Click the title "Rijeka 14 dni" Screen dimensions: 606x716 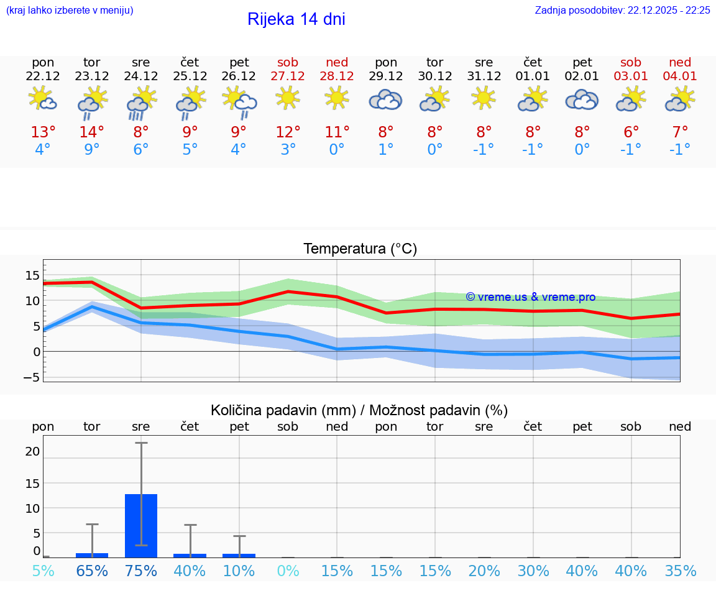(x=296, y=19)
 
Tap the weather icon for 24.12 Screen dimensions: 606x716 (x=141, y=103)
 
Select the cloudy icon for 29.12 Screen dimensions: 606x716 (x=386, y=99)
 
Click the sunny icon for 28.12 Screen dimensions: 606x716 (x=337, y=98)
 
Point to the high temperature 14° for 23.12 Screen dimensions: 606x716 (x=92, y=132)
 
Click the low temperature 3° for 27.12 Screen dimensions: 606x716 (x=288, y=150)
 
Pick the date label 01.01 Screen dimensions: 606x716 (x=533, y=76)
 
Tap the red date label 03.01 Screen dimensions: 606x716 (x=631, y=76)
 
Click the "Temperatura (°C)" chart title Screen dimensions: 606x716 (x=360, y=249)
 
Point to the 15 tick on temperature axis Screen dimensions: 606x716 (x=32, y=275)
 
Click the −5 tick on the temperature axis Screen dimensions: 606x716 (x=32, y=377)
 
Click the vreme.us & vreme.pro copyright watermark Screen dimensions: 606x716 (x=530, y=297)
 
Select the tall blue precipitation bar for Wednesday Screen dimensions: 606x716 (x=141, y=526)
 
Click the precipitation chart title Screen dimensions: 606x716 (x=359, y=410)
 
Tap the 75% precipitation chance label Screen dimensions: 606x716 (x=141, y=571)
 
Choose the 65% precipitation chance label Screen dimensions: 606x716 (x=92, y=571)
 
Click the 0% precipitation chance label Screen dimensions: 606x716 (x=288, y=571)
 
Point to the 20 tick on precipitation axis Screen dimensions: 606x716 (x=32, y=451)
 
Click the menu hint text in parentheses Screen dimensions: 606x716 (x=70, y=10)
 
